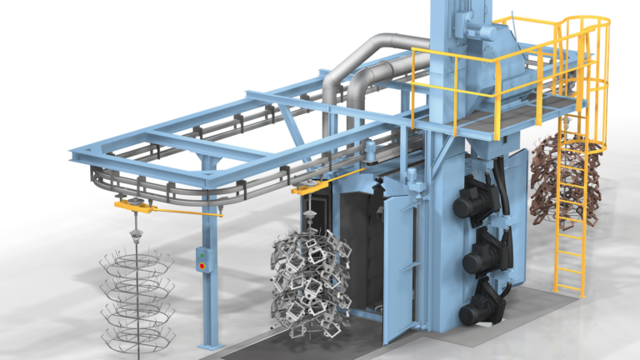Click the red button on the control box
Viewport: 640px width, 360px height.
click(201, 267)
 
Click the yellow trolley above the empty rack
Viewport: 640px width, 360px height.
click(134, 204)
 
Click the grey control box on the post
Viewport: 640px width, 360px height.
click(201, 261)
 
